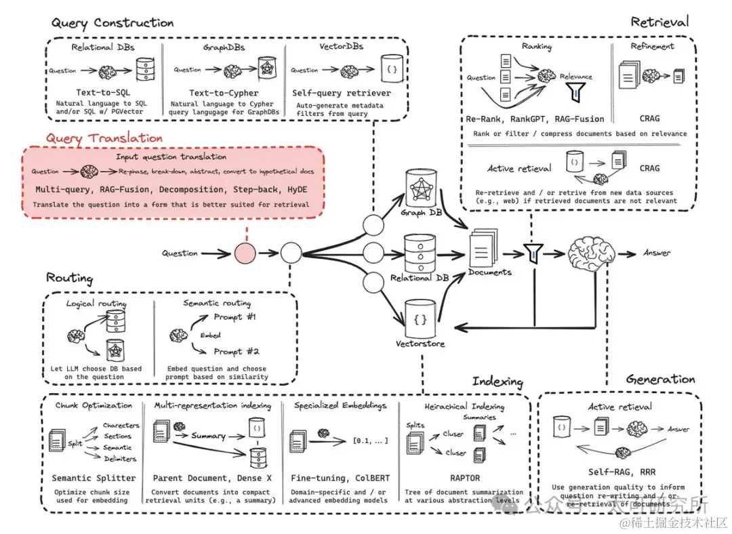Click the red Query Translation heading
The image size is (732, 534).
[x=104, y=138]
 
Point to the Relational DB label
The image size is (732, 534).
[x=420, y=278]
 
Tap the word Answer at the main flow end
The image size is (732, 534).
[x=656, y=253]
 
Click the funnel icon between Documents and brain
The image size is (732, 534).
[x=533, y=254]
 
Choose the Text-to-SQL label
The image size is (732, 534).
[x=103, y=91]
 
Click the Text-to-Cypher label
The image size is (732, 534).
[x=224, y=91]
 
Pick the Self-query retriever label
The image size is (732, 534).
[x=342, y=91]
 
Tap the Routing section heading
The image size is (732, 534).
[x=70, y=278]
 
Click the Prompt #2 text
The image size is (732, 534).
[x=235, y=351]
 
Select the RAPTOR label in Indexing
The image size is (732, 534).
[x=464, y=478]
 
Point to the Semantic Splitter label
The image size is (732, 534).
[x=94, y=478]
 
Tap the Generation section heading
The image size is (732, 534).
[x=660, y=379]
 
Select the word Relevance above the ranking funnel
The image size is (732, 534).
[x=575, y=77]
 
